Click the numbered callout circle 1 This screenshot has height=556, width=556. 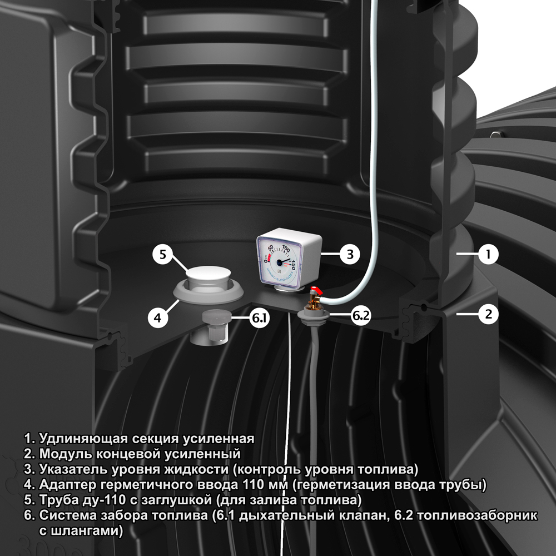coord(488,254)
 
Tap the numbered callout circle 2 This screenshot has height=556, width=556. coord(488,314)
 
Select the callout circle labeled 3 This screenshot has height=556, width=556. coord(350,254)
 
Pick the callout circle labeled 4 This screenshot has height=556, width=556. coord(158,317)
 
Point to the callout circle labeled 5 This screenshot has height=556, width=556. coord(163,254)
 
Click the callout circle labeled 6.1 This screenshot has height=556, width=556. coord(259,317)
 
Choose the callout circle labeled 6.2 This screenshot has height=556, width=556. coord(361,315)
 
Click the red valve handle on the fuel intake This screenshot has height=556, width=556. coord(316,290)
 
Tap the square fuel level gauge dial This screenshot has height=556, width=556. coord(280,260)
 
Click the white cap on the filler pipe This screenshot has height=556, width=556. coord(209,274)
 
